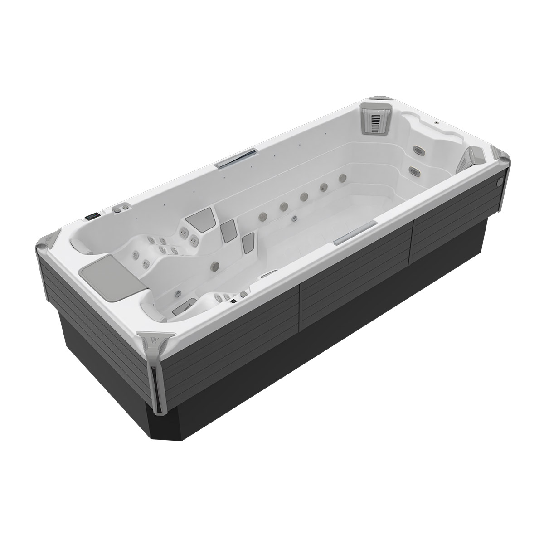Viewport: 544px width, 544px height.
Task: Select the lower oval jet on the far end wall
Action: (x=413, y=170)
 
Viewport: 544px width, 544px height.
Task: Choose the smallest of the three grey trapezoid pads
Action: (x=248, y=242)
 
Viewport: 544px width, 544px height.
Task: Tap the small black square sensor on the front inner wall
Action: (x=233, y=301)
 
